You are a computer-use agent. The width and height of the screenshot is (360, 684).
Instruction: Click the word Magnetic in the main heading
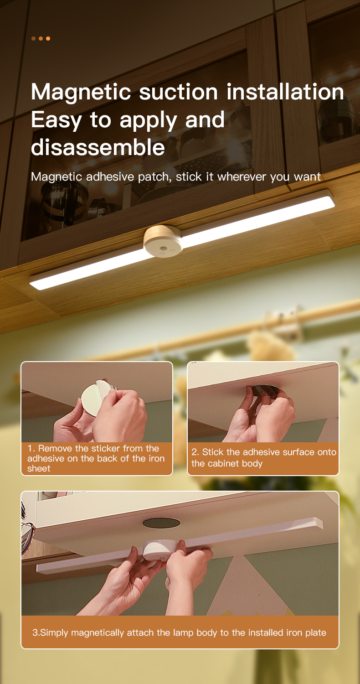click(x=81, y=92)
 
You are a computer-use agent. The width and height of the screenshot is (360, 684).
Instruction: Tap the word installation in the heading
click(x=285, y=92)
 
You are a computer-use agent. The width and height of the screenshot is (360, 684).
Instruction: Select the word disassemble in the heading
click(x=98, y=147)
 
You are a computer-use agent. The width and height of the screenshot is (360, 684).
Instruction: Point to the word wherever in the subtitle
click(x=242, y=177)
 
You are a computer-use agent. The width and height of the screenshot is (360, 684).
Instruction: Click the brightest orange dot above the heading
click(x=48, y=38)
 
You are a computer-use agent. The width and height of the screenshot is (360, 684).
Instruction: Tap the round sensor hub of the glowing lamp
click(x=164, y=241)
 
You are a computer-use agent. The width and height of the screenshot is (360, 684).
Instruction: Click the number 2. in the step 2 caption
click(x=195, y=452)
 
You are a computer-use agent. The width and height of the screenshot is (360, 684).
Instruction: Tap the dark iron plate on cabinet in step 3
click(x=161, y=523)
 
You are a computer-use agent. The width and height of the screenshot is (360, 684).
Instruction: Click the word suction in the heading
click(x=179, y=92)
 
